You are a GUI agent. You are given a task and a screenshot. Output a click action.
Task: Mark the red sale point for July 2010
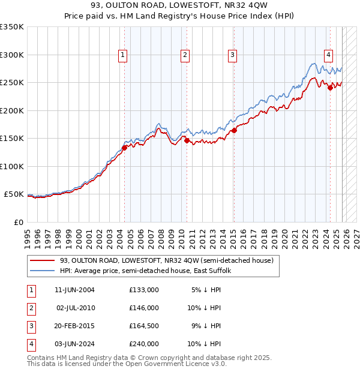pos(187,140)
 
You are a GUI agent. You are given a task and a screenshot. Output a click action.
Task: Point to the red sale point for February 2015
pos(234,130)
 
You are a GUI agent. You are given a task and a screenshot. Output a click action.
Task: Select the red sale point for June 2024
pos(330,88)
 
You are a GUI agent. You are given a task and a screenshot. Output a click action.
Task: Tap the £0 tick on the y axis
pos(18,222)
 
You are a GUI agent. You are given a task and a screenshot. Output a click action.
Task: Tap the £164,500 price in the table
pos(144,326)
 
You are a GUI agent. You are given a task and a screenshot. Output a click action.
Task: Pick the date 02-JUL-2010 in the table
pos(76,308)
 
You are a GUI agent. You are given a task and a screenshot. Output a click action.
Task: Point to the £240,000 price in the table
pos(144,344)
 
